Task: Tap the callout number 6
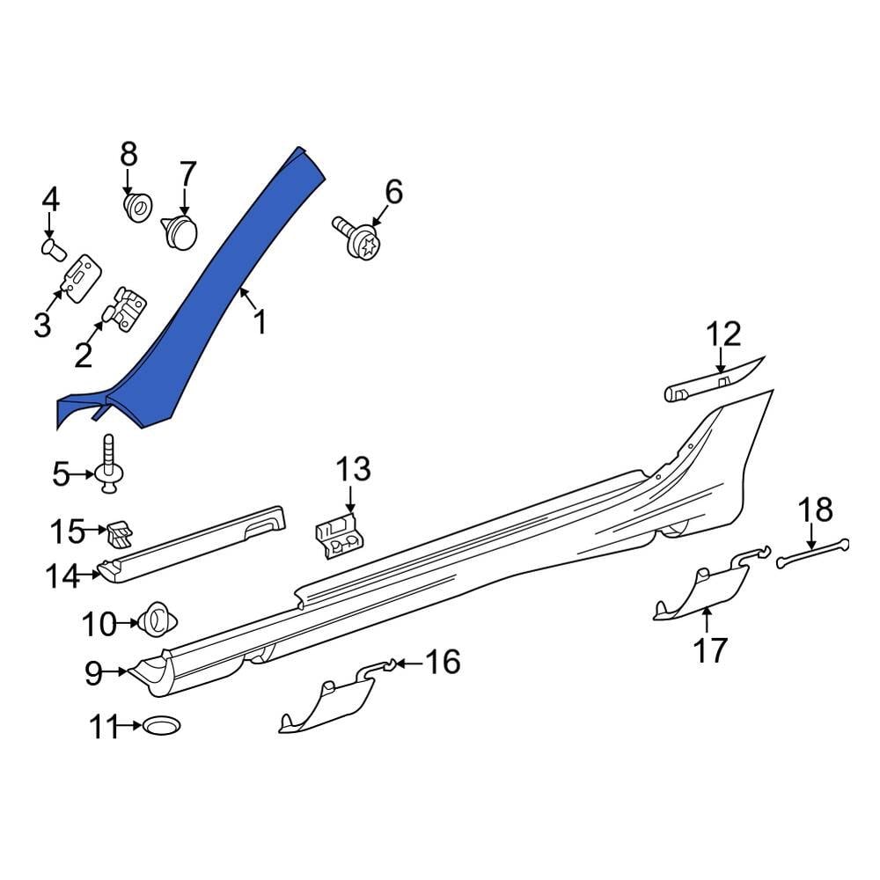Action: (x=393, y=191)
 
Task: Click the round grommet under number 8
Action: (x=137, y=209)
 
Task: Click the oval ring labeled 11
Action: (x=160, y=726)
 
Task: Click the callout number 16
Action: (x=444, y=662)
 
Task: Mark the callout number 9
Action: (x=93, y=674)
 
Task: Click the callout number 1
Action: (x=260, y=322)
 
